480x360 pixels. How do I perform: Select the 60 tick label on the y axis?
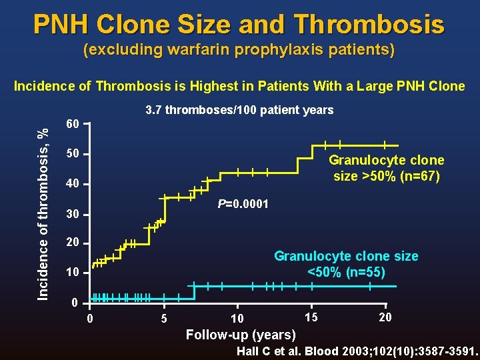pyautogui.click(x=72, y=125)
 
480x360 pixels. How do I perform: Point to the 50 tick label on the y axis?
pyautogui.click(x=72, y=155)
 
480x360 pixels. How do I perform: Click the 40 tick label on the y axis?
pyautogui.click(x=72, y=184)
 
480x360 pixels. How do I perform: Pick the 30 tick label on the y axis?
pyautogui.click(x=72, y=214)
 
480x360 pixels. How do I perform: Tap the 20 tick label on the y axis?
pyautogui.click(x=72, y=243)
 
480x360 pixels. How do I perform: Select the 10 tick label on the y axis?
pyautogui.click(x=72, y=273)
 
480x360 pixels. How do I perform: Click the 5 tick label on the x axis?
pyautogui.click(x=164, y=318)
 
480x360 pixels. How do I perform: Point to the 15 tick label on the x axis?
pyautogui.click(x=311, y=316)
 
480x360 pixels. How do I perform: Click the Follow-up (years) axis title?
pyautogui.click(x=241, y=334)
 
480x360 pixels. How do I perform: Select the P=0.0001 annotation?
pyautogui.click(x=243, y=204)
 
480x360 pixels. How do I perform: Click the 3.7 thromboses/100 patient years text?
pyautogui.click(x=239, y=110)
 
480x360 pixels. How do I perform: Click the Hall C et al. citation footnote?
pyautogui.click(x=357, y=351)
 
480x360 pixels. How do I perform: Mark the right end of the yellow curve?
pyautogui.click(x=398, y=145)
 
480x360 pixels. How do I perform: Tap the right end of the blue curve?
pyautogui.click(x=395, y=286)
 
